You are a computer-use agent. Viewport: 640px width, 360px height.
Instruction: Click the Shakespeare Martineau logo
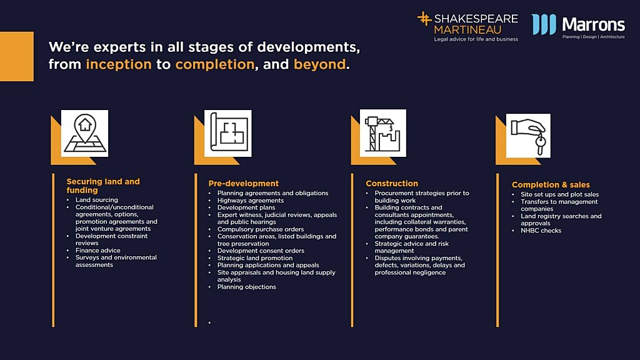[x=467, y=26]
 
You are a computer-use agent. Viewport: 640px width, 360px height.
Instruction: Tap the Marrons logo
[x=578, y=26]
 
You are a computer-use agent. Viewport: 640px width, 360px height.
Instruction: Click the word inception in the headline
[x=119, y=64]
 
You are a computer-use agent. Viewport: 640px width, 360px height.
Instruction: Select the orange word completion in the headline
[x=215, y=64]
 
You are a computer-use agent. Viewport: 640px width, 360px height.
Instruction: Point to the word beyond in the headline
[x=319, y=64]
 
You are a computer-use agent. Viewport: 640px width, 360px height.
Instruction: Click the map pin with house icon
[x=85, y=133]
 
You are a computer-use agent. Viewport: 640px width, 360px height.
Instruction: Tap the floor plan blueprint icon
[x=228, y=133]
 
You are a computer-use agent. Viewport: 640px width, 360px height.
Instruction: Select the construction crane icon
[x=383, y=133]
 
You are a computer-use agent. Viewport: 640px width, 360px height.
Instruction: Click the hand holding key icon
[x=528, y=136]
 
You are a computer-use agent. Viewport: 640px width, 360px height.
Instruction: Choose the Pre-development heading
[x=244, y=184]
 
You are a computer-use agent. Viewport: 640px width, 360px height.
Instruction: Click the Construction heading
[x=392, y=184]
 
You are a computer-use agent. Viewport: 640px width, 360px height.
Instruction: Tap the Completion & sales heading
[x=551, y=185]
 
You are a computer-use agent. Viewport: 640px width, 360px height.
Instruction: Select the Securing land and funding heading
[x=103, y=186]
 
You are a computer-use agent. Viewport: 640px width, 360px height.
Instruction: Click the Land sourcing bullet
[x=97, y=199]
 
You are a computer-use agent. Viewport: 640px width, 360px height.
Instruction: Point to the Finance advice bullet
[x=98, y=250]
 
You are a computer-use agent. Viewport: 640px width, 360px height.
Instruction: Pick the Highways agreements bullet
[x=251, y=201]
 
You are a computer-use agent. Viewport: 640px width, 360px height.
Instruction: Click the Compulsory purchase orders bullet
[x=261, y=229]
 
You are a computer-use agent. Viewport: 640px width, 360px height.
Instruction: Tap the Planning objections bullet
[x=246, y=287]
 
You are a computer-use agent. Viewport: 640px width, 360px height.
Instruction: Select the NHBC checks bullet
[x=541, y=231]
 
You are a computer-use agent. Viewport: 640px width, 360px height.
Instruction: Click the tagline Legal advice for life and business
[x=476, y=39]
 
